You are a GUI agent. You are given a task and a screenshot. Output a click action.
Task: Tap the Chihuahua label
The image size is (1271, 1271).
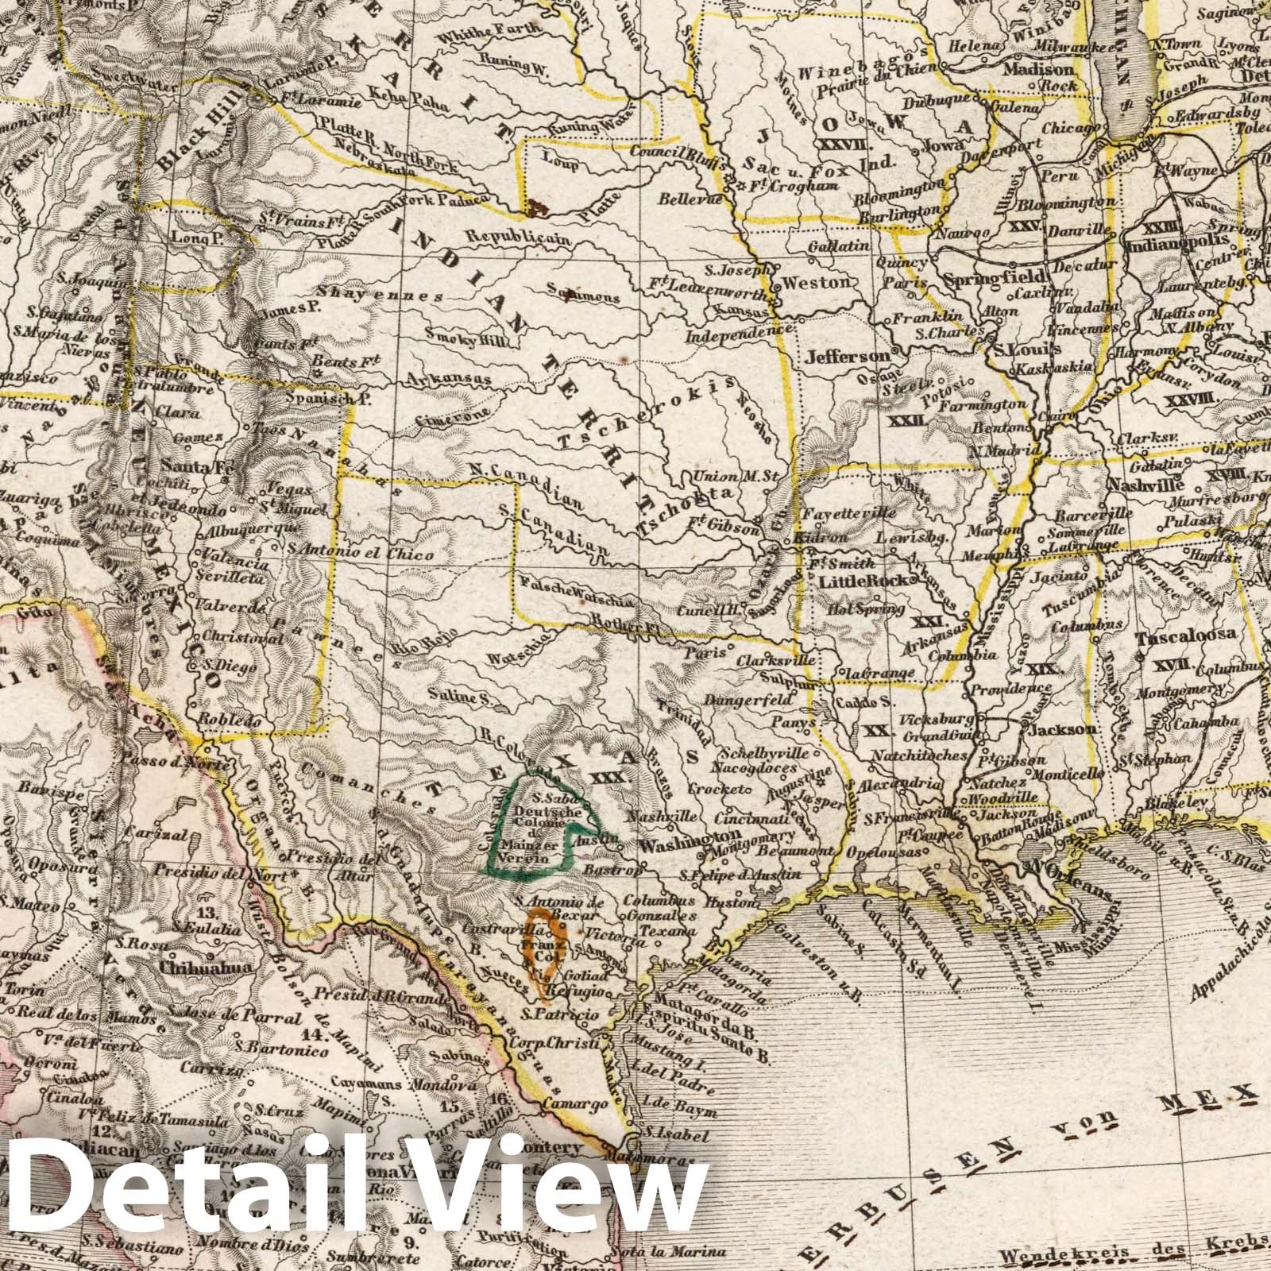(206, 968)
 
